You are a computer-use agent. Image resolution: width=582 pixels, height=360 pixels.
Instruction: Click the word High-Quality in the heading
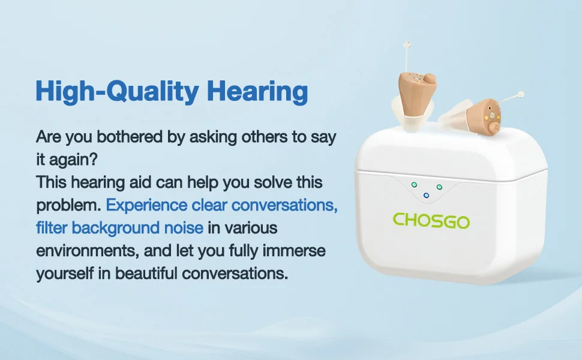coord(117,91)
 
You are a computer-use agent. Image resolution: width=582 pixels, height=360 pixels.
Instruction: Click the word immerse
coord(294,250)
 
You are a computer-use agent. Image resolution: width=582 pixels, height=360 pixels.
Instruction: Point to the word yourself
coord(65,274)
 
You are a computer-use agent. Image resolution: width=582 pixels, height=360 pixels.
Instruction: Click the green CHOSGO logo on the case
coord(431,221)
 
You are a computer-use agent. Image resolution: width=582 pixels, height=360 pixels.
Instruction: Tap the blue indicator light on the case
coord(426,196)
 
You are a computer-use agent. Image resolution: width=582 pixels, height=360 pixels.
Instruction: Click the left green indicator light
coord(414,184)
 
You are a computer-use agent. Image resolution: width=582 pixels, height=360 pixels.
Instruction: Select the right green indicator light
coord(439,187)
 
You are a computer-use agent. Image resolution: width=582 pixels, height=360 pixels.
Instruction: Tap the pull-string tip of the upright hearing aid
coord(407,45)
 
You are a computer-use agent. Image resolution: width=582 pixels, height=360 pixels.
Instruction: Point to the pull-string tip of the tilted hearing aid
coord(521,94)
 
